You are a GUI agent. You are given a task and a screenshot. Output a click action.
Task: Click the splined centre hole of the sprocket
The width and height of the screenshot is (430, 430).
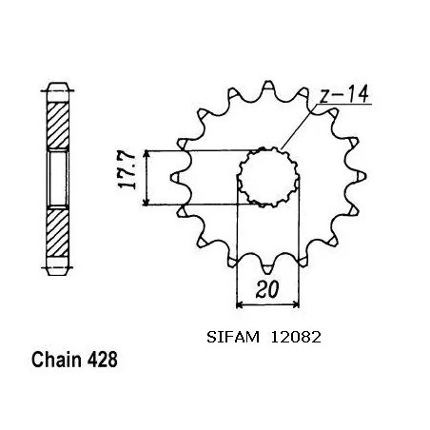pyautogui.click(x=262, y=177)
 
